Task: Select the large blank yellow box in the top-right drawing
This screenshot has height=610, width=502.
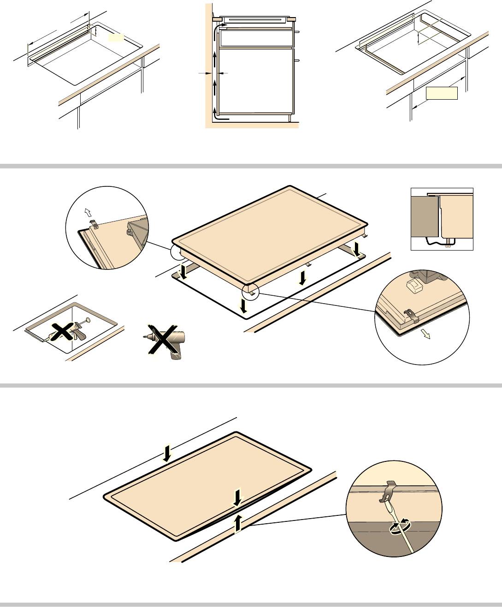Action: click(442, 93)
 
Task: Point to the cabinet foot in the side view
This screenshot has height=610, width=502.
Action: click(289, 118)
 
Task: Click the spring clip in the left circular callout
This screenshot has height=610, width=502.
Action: click(94, 225)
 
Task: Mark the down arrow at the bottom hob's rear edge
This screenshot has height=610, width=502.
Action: click(167, 453)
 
